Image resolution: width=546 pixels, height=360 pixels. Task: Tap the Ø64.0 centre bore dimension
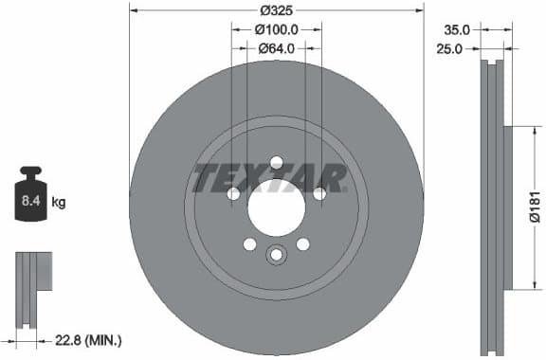[276, 48]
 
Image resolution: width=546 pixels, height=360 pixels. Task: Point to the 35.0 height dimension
[448, 29]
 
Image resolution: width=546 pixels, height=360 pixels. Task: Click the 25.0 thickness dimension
[448, 48]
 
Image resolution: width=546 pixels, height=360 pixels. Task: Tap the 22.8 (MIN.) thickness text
[90, 338]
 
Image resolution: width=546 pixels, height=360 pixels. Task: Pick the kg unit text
[59, 202]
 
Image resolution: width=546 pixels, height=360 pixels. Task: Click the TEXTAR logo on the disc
[269, 178]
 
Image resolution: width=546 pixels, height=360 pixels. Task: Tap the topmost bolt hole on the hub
[276, 162]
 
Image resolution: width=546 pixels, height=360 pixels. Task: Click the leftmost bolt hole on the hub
[233, 193]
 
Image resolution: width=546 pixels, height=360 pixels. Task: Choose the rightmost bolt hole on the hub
[319, 193]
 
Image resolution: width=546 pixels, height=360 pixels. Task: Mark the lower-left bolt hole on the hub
[249, 243]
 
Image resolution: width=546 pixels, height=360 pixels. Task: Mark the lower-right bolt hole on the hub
[302, 243]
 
